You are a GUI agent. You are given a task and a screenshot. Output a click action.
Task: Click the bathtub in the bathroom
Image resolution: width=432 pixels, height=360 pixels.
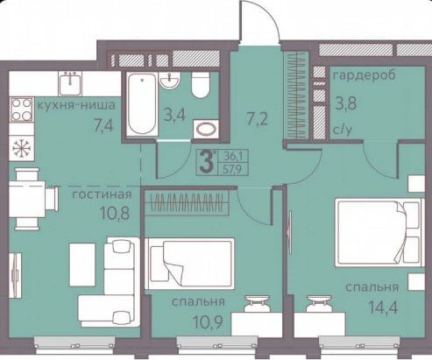(x=142, y=104)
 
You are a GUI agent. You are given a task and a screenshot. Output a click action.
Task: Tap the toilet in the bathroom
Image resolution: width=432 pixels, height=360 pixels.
(x=201, y=85)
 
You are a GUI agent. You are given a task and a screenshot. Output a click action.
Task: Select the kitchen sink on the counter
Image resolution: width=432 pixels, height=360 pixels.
(x=70, y=84)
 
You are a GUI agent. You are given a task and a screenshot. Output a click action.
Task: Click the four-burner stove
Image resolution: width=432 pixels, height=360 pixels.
(x=22, y=109)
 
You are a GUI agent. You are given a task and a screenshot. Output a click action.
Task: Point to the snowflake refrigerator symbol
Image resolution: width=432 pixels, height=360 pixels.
(x=22, y=148)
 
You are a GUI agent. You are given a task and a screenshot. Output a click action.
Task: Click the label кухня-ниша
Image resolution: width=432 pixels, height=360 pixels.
(x=76, y=105)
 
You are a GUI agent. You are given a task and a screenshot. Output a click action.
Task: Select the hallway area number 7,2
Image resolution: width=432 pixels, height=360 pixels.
(x=257, y=119)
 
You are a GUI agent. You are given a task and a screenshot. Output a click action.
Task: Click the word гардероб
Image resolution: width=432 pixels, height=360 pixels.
(x=365, y=75)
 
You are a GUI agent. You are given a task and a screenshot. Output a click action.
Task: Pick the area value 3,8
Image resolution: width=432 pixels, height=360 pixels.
(x=345, y=103)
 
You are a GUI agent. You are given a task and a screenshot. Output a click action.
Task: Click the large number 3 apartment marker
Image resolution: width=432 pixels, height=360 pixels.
(x=207, y=162)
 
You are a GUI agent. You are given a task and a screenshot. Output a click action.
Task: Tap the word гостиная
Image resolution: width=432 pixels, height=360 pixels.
(x=102, y=194)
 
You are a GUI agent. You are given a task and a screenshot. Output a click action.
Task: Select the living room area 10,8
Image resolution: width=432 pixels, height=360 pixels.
(x=115, y=214)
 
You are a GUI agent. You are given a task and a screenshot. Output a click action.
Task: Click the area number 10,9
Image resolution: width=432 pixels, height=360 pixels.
(x=209, y=322)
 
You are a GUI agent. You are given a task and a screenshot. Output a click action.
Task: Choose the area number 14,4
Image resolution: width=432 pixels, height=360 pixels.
(x=384, y=307)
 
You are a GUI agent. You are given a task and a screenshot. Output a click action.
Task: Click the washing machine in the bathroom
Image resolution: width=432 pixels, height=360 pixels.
(x=206, y=128)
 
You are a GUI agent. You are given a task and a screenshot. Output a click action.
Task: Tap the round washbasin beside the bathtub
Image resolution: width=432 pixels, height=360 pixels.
(x=169, y=81)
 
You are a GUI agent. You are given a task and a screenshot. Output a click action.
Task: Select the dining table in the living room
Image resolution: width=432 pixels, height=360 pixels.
(x=27, y=199)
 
